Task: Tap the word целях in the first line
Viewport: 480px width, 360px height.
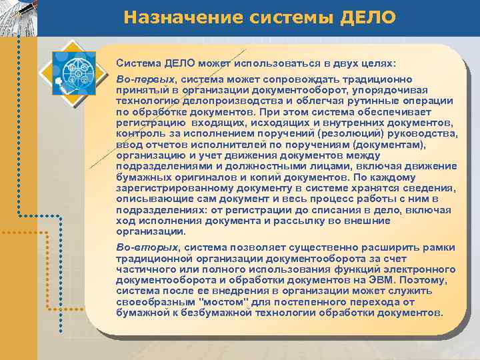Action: pos(378,63)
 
